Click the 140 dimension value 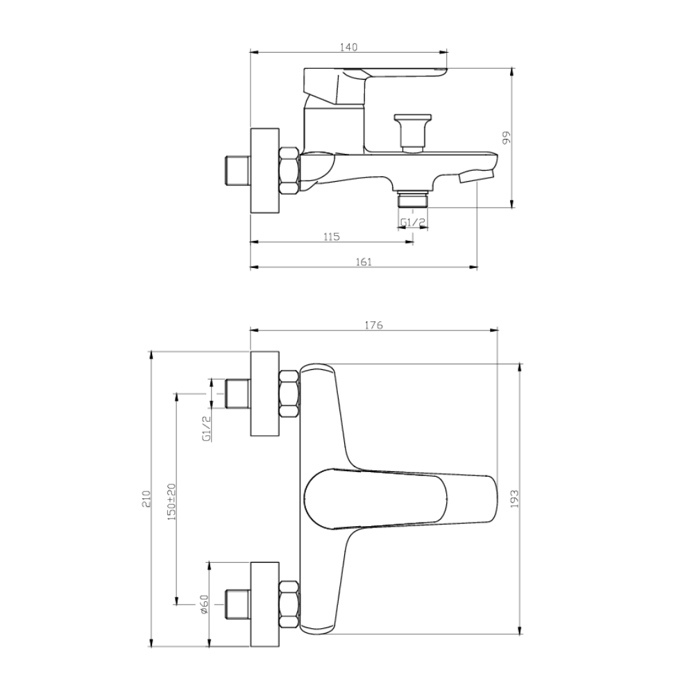[349, 47]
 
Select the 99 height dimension [507, 137]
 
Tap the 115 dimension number [332, 237]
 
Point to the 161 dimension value [364, 262]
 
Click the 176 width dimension [373, 325]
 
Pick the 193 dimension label [514, 499]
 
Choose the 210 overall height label [147, 499]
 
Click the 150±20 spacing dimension [171, 502]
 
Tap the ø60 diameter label [204, 604]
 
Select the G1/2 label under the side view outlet [413, 222]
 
